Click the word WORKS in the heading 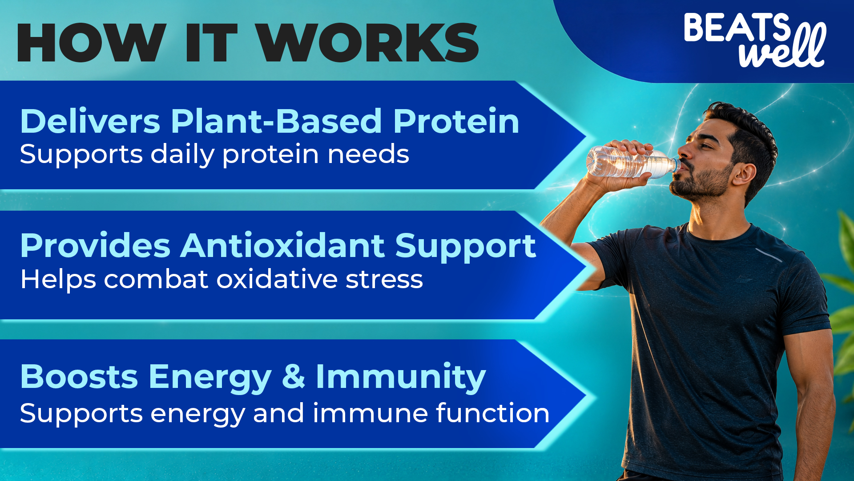pos(369,43)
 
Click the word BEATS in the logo pos(737,28)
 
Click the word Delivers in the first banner pos(90,121)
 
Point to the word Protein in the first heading pos(456,121)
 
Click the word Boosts pos(79,377)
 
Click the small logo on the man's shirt pos(744,280)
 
